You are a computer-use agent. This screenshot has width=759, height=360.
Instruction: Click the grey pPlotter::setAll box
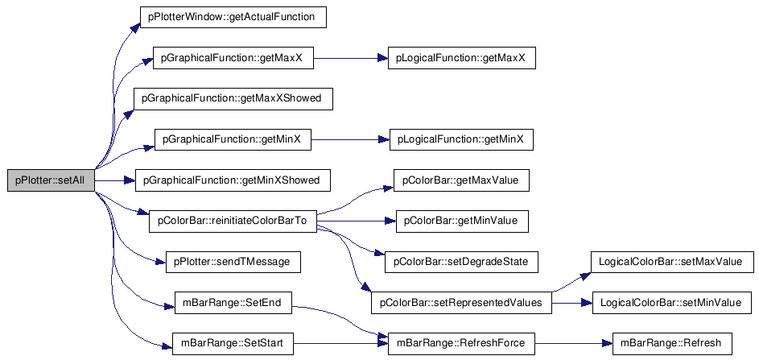point(51,180)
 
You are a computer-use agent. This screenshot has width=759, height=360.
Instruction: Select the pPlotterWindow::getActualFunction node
point(233,17)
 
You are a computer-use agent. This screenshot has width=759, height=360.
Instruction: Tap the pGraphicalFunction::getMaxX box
point(233,58)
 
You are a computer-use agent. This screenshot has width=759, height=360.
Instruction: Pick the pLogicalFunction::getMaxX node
point(462,58)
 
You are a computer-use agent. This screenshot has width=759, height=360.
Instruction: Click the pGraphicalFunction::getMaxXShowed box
point(233,99)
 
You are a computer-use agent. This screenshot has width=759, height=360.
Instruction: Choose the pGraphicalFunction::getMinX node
point(233,139)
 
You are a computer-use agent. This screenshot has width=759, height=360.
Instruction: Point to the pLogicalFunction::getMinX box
point(462,139)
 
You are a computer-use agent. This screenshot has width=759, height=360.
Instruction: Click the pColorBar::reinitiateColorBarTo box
point(233,221)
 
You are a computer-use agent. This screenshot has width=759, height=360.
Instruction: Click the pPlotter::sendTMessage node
point(233,262)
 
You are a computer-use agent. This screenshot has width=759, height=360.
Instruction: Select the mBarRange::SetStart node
point(233,344)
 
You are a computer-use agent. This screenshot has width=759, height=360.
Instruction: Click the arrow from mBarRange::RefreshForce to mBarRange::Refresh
point(574,344)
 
